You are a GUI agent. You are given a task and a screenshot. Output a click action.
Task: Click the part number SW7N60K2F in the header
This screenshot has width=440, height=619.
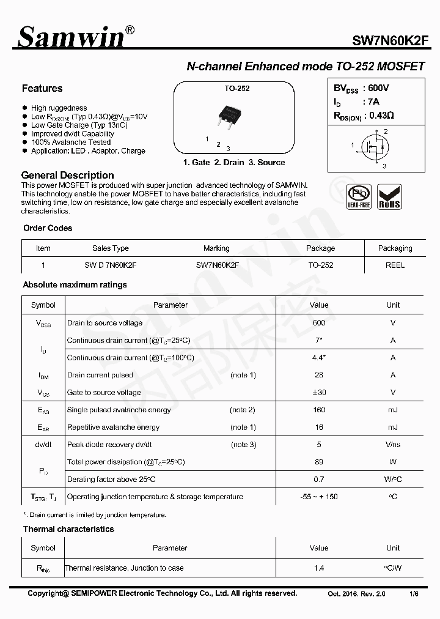tap(390, 41)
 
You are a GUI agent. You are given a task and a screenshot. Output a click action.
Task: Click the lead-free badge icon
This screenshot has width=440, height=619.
tap(359, 197)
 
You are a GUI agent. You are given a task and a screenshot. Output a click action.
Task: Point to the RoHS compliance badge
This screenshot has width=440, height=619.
tap(389, 197)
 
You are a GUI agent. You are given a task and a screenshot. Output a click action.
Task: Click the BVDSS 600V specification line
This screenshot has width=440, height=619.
tap(361, 88)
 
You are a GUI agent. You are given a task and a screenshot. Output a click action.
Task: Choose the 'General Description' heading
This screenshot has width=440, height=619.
tap(67, 176)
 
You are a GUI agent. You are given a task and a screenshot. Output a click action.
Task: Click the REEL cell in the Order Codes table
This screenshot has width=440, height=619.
tap(395, 265)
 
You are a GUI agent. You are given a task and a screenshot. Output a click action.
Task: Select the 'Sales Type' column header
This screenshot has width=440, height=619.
tap(111, 248)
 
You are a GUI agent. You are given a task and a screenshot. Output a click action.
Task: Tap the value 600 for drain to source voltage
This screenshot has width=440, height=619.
tap(318, 323)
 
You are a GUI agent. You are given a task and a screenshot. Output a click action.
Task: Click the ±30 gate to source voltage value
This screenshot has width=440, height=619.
tap(318, 393)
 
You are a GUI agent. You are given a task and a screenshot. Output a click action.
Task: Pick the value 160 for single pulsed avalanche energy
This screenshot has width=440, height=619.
tap(318, 410)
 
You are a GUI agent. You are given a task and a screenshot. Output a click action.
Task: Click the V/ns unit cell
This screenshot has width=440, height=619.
tap(393, 445)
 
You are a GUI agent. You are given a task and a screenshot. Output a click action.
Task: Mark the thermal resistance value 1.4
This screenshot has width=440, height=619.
tap(318, 568)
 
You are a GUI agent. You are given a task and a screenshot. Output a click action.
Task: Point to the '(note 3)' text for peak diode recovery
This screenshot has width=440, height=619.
tap(243, 445)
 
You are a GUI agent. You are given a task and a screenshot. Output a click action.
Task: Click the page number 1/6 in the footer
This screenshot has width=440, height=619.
tap(414, 594)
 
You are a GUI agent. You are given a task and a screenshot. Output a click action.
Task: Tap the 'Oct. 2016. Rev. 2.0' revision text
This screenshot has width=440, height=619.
tap(357, 594)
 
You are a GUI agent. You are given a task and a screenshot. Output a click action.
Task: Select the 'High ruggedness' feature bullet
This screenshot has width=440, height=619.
tap(59, 108)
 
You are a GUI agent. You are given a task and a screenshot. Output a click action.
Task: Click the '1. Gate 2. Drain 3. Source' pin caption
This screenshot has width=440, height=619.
tap(234, 163)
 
